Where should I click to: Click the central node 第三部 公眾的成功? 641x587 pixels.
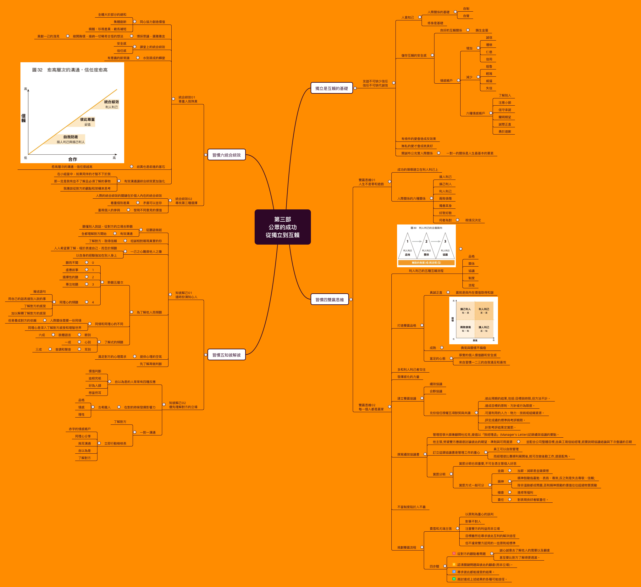282,227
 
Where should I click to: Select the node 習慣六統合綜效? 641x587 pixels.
226,155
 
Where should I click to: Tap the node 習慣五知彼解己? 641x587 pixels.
226,355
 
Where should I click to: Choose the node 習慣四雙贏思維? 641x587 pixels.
329,300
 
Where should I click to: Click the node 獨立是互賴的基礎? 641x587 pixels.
331,88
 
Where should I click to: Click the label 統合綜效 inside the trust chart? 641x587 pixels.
111,102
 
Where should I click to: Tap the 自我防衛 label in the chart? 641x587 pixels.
71,137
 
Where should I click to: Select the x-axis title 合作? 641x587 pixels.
73,159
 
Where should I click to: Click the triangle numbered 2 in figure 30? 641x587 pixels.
426,242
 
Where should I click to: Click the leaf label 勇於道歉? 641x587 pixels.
505,132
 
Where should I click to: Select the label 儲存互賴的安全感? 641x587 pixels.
414,56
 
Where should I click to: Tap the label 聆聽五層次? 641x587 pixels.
115,282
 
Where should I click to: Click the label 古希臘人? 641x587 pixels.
104,407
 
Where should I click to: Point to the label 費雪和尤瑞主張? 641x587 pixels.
440,529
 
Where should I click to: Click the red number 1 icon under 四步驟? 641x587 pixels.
454,554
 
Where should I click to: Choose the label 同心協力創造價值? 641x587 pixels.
152,22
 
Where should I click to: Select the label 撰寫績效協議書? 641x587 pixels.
408,454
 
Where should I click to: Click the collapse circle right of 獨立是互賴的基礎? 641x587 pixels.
355,88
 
